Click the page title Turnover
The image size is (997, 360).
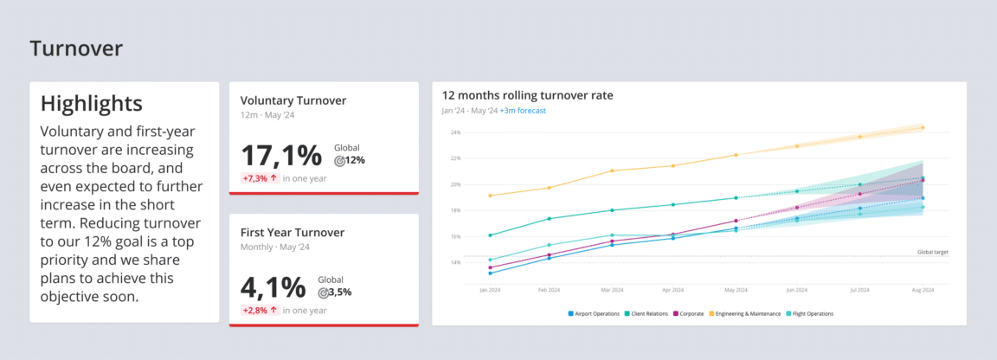click(76, 48)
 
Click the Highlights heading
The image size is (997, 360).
click(92, 104)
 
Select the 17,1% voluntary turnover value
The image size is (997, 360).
click(281, 156)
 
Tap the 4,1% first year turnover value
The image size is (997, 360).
click(273, 287)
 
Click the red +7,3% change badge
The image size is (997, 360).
click(260, 178)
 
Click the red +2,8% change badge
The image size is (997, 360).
click(260, 310)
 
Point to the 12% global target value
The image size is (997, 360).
click(355, 160)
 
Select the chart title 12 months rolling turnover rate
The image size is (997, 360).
click(527, 95)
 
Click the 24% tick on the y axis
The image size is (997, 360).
click(455, 132)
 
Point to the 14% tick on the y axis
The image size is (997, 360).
click(455, 262)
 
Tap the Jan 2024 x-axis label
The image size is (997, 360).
click(490, 290)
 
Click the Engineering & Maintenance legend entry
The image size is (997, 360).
click(744, 313)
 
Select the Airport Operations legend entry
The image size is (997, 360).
click(595, 313)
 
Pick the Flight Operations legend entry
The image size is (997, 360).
click(810, 313)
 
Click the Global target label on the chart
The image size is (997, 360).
click(933, 252)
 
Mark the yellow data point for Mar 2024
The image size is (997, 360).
click(613, 170)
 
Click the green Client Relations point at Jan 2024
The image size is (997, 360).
click(490, 235)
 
